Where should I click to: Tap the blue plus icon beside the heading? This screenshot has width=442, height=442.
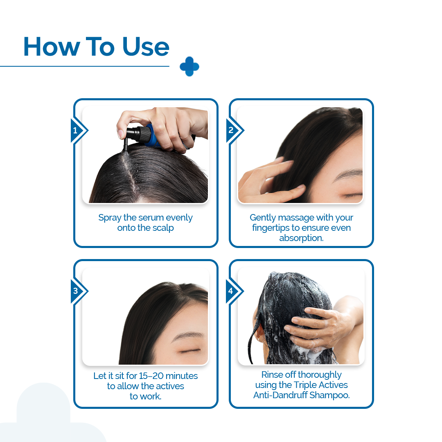click(x=189, y=66)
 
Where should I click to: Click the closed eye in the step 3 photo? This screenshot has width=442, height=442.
click(x=191, y=350)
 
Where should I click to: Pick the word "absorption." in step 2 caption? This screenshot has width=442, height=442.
click(x=301, y=238)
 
